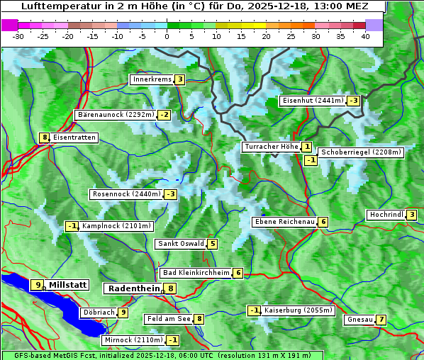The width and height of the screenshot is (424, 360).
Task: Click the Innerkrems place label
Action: [x=152, y=79]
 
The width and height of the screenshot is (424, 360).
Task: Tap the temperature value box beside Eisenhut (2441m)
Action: [x=353, y=101]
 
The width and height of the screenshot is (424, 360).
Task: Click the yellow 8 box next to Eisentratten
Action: [x=44, y=137]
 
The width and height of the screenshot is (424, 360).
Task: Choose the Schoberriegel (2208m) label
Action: [x=361, y=152]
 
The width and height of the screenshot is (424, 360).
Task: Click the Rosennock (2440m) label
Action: [x=125, y=194]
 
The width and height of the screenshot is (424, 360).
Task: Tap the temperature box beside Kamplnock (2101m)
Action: [x=72, y=226]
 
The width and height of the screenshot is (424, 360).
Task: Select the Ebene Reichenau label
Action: [x=284, y=222]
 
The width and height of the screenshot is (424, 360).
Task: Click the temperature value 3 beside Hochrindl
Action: [x=412, y=215]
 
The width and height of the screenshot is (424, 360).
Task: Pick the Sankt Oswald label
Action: [x=181, y=244]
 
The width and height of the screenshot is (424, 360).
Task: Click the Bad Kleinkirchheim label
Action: [x=196, y=273]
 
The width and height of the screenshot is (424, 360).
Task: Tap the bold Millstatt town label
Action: [x=67, y=285]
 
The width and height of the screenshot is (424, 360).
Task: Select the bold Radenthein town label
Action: [x=133, y=288]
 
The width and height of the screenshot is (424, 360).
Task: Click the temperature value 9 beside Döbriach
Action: [x=123, y=312]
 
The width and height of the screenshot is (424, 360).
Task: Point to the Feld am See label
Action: [x=169, y=319]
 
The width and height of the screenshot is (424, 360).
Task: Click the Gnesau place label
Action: [x=360, y=320]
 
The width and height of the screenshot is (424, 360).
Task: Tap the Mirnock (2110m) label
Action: [x=133, y=340]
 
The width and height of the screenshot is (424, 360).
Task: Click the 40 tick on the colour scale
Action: [x=365, y=36]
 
